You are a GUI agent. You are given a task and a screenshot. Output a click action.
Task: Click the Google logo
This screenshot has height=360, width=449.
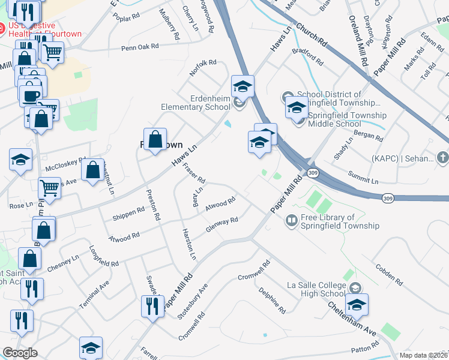[x=20, y=353]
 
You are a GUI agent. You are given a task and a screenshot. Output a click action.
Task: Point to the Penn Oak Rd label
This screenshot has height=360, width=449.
[x=140, y=46]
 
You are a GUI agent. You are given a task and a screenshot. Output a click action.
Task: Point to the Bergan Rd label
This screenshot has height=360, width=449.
[x=369, y=135]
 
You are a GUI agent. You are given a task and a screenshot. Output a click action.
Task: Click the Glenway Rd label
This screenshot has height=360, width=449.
[x=222, y=224]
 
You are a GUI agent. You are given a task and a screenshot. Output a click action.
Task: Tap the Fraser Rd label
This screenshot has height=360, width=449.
[x=194, y=173]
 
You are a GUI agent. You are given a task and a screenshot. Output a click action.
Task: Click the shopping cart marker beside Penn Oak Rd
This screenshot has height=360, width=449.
[x=53, y=52]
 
